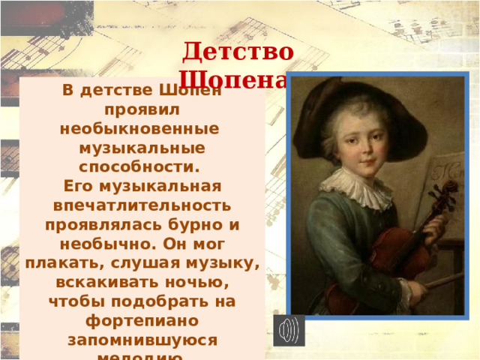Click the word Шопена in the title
(x=232, y=79)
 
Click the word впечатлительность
(x=142, y=205)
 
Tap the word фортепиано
(x=142, y=320)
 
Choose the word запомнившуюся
(x=142, y=340)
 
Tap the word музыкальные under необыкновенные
(x=142, y=146)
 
